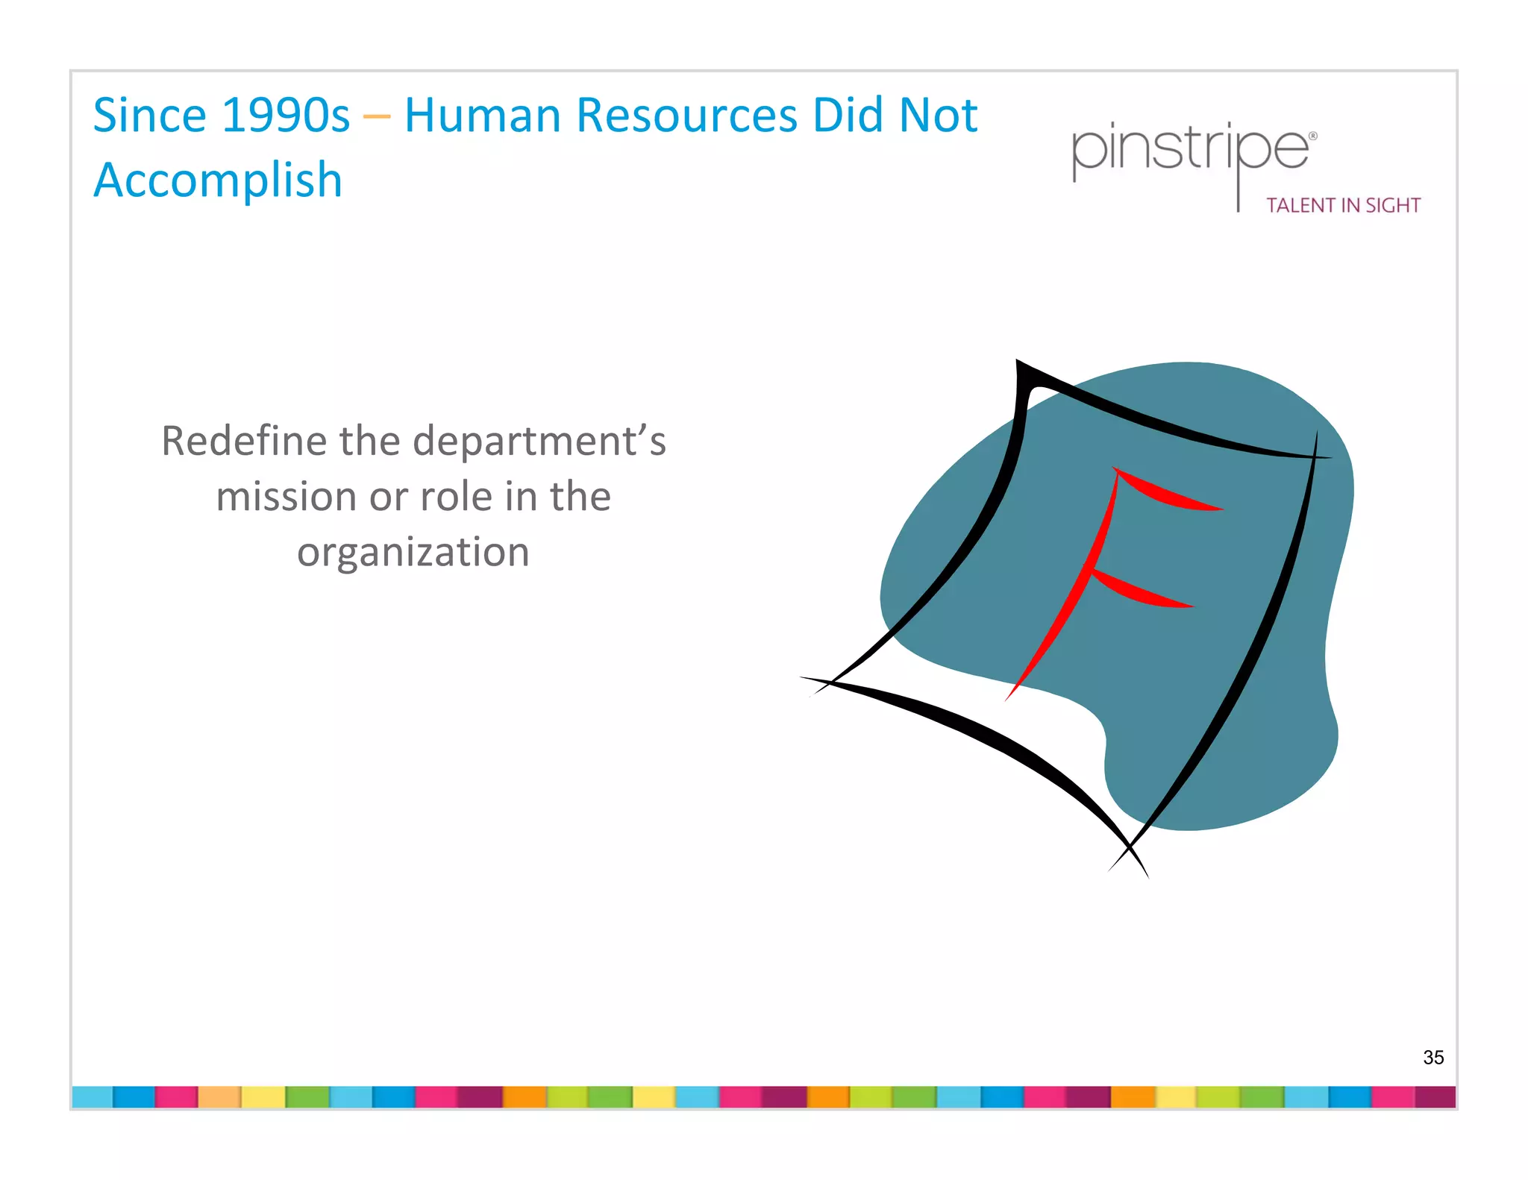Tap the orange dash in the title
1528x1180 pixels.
pyautogui.click(x=377, y=116)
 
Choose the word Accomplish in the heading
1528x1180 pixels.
pyautogui.click(x=218, y=181)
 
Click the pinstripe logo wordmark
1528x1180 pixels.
pyautogui.click(x=1189, y=149)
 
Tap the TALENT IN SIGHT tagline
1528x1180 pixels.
pyautogui.click(x=1343, y=205)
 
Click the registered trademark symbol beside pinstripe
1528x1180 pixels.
pyautogui.click(x=1313, y=136)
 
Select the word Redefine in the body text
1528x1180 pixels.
pyautogui.click(x=244, y=441)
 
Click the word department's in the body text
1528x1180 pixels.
pyautogui.click(x=539, y=441)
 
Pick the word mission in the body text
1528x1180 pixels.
pyautogui.click(x=284, y=497)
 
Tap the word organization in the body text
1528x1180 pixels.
pyautogui.click(x=413, y=553)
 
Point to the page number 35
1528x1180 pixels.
pyautogui.click(x=1433, y=1057)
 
